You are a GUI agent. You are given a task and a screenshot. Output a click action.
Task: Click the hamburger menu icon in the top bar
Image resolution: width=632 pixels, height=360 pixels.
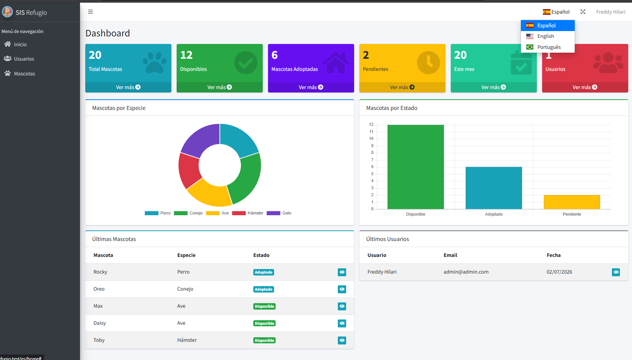pos(90,12)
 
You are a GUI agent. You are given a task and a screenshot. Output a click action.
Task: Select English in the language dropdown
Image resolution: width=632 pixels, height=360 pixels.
pos(546,36)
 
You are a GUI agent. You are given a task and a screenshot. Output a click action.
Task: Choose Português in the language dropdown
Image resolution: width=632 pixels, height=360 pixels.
pos(549,47)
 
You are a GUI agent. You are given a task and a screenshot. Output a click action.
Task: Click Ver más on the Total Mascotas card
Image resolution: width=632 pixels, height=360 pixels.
pos(128,87)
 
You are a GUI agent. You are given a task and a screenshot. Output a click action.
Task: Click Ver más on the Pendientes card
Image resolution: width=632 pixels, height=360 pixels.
pos(402,87)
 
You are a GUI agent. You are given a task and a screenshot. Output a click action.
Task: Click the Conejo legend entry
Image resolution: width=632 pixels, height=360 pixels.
pos(188,213)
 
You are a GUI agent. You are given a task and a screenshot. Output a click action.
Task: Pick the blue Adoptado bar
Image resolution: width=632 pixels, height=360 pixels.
pos(494,188)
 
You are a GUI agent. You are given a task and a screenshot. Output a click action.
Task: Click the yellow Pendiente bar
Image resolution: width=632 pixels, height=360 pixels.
pos(572,202)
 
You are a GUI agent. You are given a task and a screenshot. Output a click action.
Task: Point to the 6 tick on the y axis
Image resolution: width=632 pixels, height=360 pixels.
pos(372,167)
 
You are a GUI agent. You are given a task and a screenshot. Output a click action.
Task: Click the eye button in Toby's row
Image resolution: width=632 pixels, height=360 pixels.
pos(342,340)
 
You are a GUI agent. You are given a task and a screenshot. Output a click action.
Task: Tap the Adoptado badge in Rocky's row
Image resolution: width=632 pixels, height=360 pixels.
pos(263,272)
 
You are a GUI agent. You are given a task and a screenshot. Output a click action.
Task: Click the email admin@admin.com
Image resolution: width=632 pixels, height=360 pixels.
pos(466,272)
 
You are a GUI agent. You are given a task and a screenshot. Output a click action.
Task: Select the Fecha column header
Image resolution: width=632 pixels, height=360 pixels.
pos(553,255)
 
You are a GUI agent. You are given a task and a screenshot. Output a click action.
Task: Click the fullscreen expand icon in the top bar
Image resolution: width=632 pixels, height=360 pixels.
pos(583,12)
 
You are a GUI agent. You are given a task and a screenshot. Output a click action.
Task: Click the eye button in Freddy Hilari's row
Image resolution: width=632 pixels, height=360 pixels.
pos(616,272)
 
